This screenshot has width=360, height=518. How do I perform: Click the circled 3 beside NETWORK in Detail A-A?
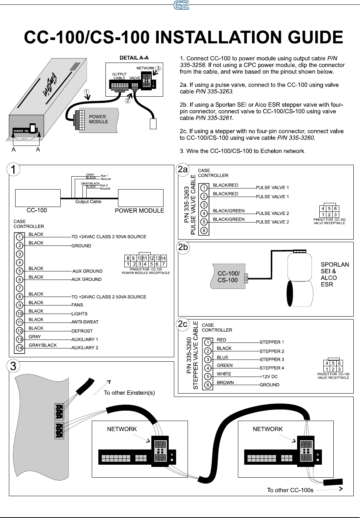pyautogui.click(x=158, y=68)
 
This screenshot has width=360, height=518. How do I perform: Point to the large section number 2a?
pyautogui.click(x=183, y=170)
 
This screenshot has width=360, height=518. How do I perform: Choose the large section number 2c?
pyautogui.click(x=183, y=324)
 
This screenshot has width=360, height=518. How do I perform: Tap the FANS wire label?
pyautogui.click(x=77, y=305)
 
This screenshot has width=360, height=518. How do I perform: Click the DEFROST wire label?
pyautogui.click(x=82, y=331)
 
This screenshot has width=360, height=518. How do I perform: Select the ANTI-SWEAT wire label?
pyautogui.click(x=85, y=322)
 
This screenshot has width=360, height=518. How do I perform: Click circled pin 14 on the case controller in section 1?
pyautogui.click(x=20, y=348)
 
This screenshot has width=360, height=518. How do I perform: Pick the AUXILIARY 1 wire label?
pyautogui.click(x=85, y=340)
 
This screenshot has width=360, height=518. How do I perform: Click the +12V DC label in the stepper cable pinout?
pyautogui.click(x=269, y=377)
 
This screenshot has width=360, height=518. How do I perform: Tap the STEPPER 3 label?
pyautogui.click(x=272, y=360)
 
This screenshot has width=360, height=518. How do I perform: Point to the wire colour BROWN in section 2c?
pyautogui.click(x=225, y=382)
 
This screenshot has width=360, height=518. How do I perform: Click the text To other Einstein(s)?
pyautogui.click(x=129, y=393)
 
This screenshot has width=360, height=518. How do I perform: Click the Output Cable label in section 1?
pyautogui.click(x=88, y=202)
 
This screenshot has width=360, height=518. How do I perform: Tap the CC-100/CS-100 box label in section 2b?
pyautogui.click(x=228, y=277)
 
